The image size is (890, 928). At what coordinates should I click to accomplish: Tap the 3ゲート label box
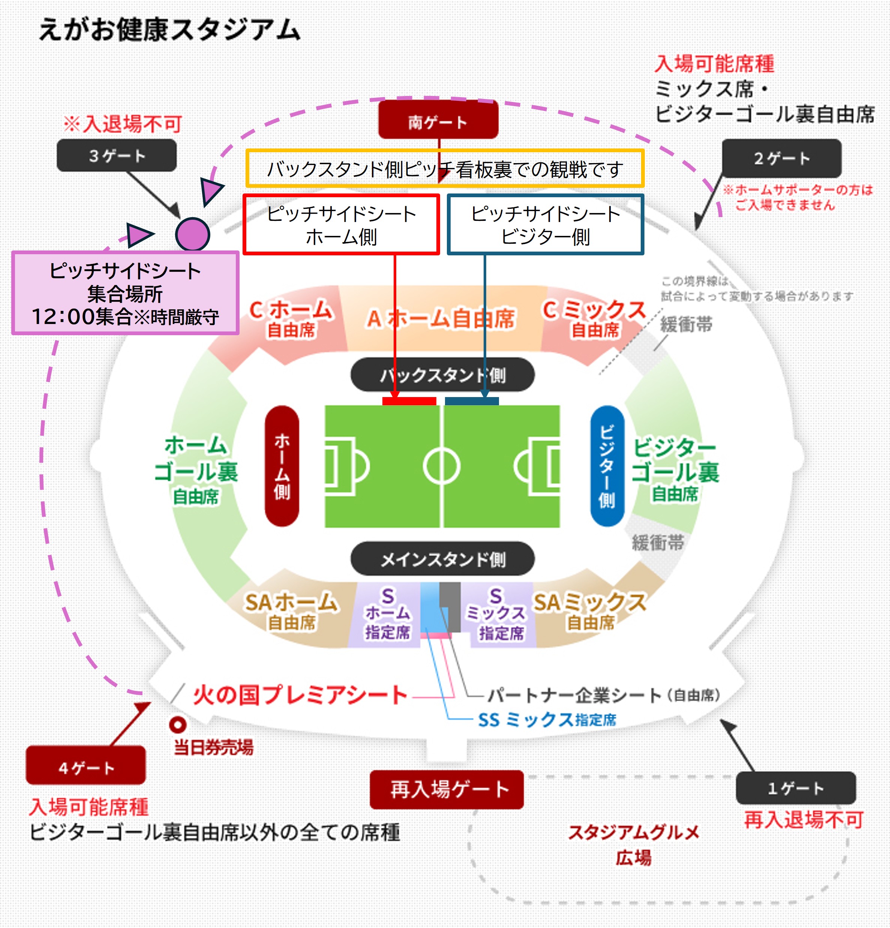117,155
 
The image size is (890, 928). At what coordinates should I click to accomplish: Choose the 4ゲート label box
86,768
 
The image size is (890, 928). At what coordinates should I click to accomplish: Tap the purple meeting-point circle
192,234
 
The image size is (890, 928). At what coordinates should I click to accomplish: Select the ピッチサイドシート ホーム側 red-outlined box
341,225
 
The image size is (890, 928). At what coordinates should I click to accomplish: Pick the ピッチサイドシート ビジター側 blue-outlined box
545,225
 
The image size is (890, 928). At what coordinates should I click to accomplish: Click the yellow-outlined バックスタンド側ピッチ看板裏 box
445,169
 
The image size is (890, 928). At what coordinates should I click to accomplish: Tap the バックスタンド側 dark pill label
443,375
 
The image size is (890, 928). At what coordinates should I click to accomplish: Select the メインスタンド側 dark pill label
443,559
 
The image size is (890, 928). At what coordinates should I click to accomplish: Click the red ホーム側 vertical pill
282,466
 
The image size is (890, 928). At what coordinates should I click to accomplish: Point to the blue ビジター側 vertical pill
607,466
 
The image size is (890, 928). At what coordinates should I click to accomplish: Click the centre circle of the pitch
442,466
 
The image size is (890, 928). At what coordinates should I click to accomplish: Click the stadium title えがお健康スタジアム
169,29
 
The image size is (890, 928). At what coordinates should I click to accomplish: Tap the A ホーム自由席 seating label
440,319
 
